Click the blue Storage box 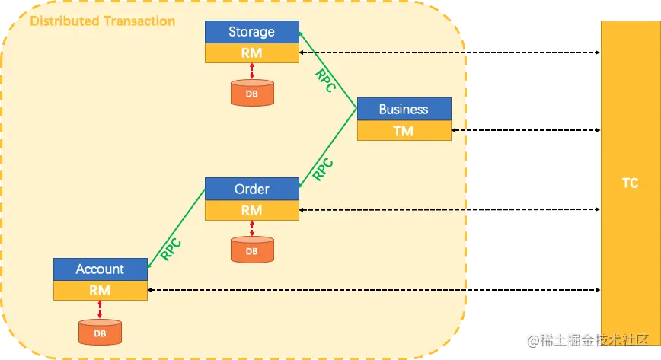pyautogui.click(x=252, y=32)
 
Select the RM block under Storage pyautogui.click(x=252, y=53)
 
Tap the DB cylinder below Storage pyautogui.click(x=252, y=93)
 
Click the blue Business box pyautogui.click(x=404, y=109)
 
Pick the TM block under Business pyautogui.click(x=404, y=131)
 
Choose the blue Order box pyautogui.click(x=252, y=189)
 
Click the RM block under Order pyautogui.click(x=252, y=210)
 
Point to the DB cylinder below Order pyautogui.click(x=252, y=250)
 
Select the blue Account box pyautogui.click(x=101, y=269)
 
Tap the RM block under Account pyautogui.click(x=101, y=291)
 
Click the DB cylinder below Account pyautogui.click(x=100, y=332)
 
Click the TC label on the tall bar pyautogui.click(x=631, y=183)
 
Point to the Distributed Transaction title pyautogui.click(x=103, y=21)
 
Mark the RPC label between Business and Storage pyautogui.click(x=326, y=81)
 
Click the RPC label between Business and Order pyautogui.click(x=323, y=170)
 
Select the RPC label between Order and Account pyautogui.click(x=171, y=250)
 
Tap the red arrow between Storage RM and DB pyautogui.click(x=252, y=71)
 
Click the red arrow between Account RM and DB pyautogui.click(x=100, y=310)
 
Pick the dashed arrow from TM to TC pyautogui.click(x=525, y=130)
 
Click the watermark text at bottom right pyautogui.click(x=588, y=340)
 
